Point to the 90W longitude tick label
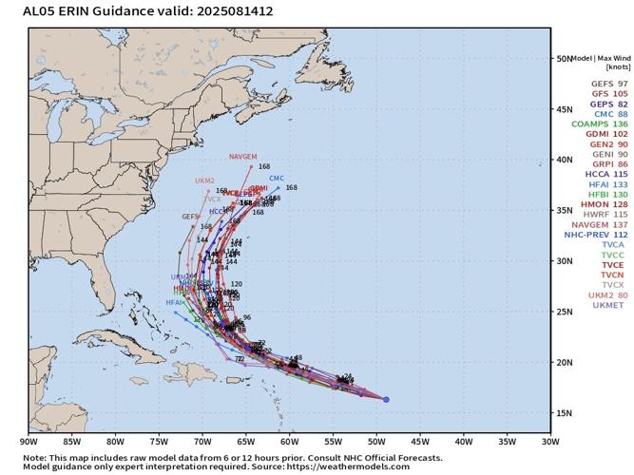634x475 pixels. point(29,441)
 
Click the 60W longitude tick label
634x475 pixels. point(290,441)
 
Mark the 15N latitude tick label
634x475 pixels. point(564,413)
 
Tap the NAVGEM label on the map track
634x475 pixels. point(242,156)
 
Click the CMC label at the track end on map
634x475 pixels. point(277,179)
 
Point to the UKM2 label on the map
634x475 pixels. point(205,180)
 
